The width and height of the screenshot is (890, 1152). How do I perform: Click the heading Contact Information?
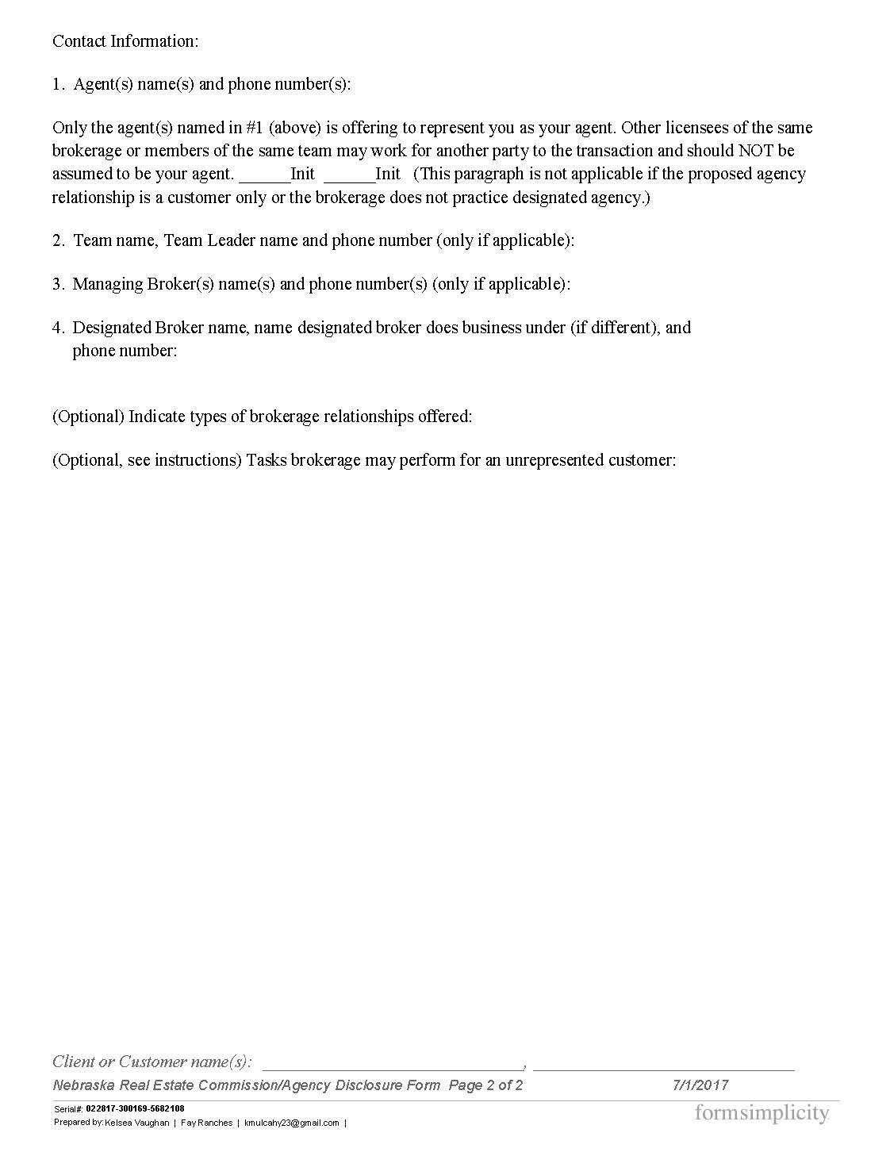click(125, 41)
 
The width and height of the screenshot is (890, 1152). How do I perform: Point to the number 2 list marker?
click(58, 240)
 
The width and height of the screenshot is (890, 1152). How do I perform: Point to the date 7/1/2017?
click(700, 1085)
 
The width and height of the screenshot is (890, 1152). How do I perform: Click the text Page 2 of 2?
click(485, 1085)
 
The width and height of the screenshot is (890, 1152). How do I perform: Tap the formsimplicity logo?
click(761, 1114)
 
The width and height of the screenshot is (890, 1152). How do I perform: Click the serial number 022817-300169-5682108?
click(135, 1108)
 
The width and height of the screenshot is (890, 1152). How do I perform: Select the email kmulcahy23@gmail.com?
click(291, 1123)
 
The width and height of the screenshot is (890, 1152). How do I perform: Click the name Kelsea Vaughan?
click(136, 1123)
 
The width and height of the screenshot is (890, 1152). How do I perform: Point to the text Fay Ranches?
click(206, 1123)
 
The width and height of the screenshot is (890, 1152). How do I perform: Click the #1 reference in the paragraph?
click(255, 129)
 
